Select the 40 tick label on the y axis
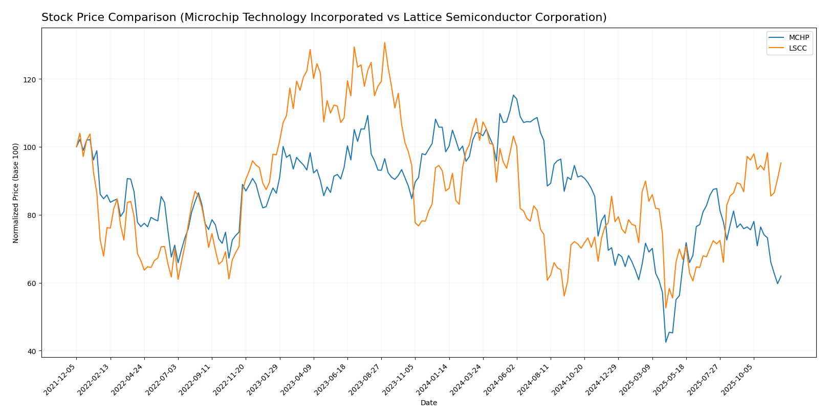(33, 351)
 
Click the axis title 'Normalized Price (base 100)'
(16, 192)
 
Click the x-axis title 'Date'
(428, 403)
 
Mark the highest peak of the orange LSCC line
(384, 42)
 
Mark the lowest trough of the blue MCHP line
(666, 342)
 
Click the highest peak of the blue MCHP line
(513, 95)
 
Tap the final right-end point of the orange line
(781, 163)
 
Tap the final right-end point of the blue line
(781, 276)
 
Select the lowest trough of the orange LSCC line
(666, 308)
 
